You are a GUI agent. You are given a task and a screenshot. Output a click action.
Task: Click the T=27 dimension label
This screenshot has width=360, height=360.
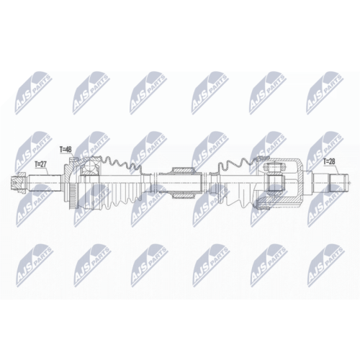pos(40,164)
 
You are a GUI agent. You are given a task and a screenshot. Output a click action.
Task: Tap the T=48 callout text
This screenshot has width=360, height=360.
pos(65,150)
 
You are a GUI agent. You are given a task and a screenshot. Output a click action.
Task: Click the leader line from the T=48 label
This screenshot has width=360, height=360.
pos(69,160)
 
